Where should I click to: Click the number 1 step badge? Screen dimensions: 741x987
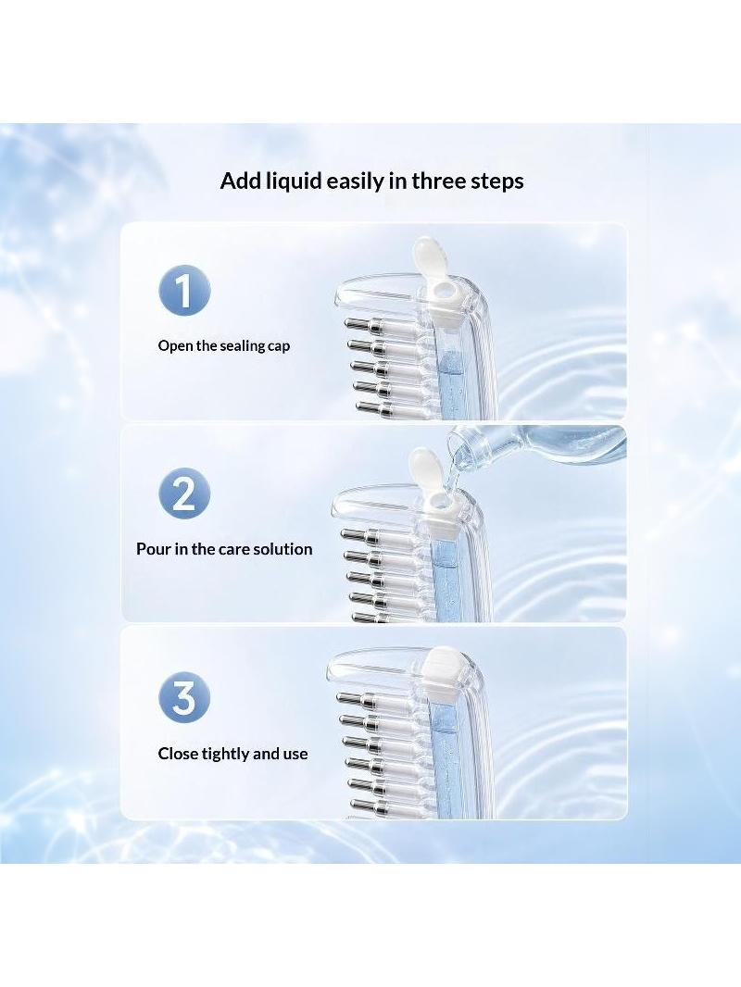[183, 291]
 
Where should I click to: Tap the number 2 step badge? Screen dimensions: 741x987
[183, 494]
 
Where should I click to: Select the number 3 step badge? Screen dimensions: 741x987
[183, 697]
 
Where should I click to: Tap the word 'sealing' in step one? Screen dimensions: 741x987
[243, 346]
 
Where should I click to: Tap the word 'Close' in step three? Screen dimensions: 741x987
[178, 754]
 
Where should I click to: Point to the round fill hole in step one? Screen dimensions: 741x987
[447, 290]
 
